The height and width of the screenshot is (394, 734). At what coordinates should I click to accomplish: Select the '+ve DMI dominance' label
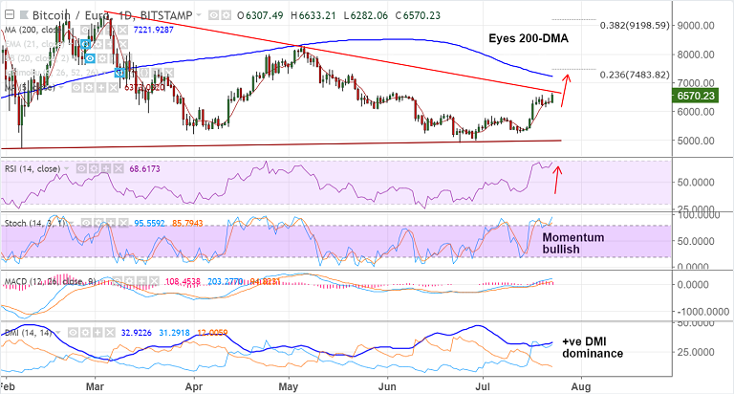tap(593, 347)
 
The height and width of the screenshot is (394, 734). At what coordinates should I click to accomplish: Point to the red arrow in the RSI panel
tap(556, 181)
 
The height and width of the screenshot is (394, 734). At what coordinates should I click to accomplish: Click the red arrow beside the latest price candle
tap(564, 90)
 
